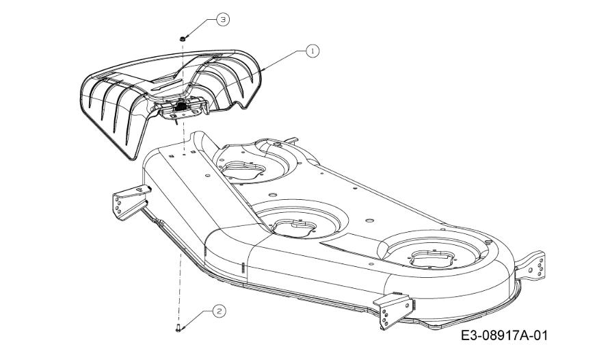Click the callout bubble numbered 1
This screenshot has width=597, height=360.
(313, 51)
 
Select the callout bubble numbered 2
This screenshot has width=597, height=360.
(219, 311)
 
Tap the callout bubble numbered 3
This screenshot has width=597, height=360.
(223, 20)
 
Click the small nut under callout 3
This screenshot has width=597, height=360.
(183, 38)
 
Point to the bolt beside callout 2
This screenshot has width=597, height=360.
(179, 327)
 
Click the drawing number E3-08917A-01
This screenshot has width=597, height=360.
(505, 335)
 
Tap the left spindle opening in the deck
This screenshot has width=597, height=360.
(242, 170)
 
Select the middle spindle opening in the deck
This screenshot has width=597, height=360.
(293, 227)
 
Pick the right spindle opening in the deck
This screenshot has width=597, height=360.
(432, 259)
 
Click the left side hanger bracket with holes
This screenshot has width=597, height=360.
(130, 203)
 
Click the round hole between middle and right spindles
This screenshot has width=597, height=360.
(369, 220)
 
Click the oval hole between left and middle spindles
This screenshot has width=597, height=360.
(272, 194)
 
